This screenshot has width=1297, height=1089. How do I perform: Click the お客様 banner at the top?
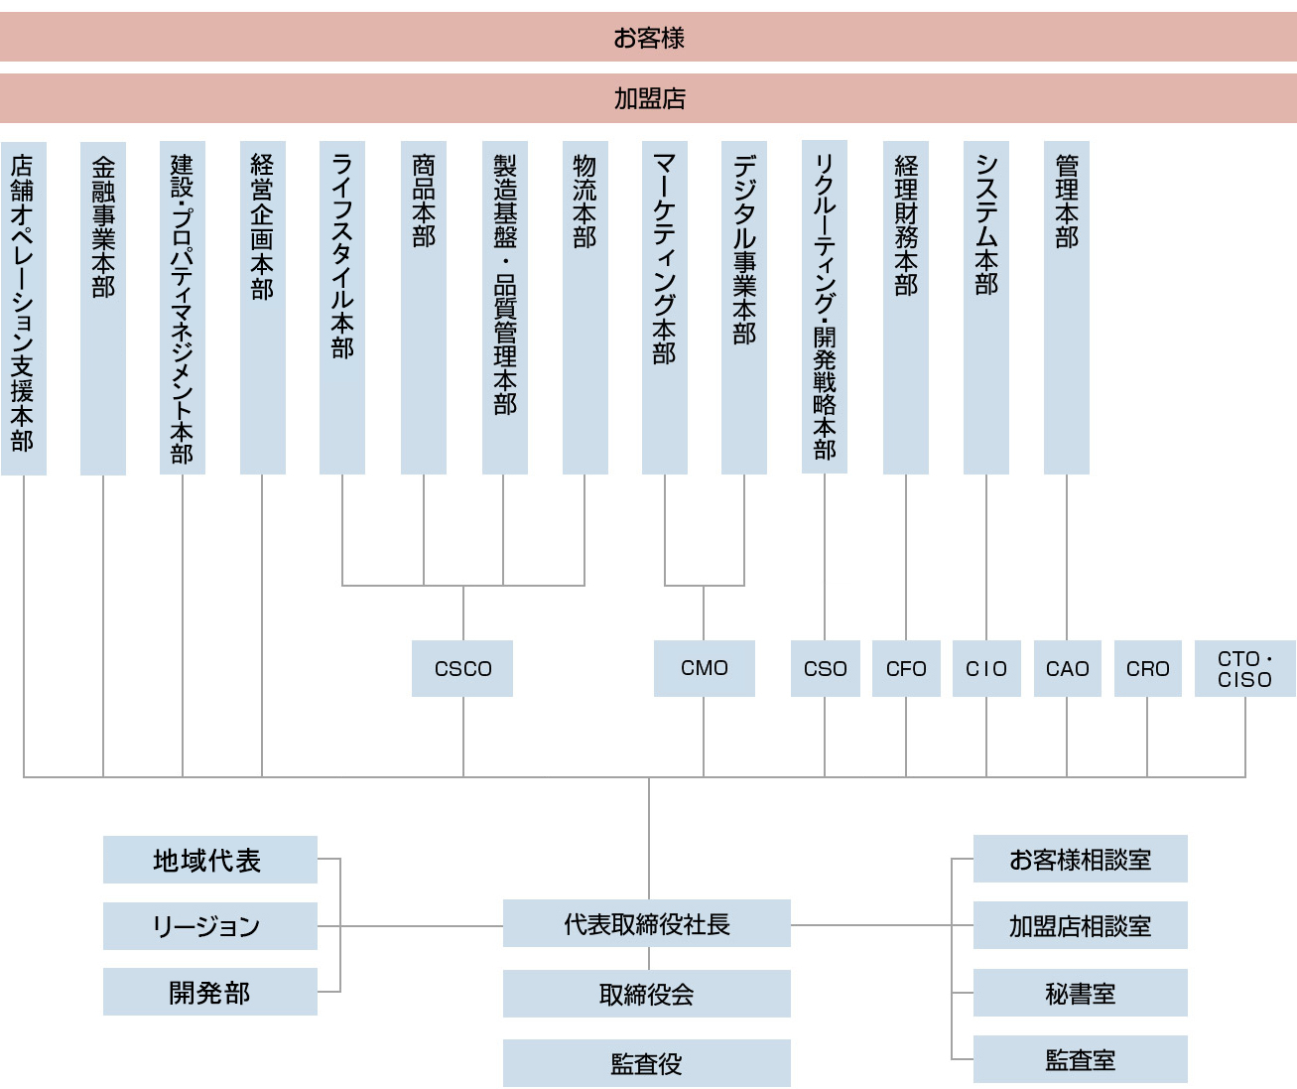[648, 38]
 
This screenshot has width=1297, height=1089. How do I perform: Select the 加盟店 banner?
[648, 98]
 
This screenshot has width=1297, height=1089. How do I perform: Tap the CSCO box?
[462, 668]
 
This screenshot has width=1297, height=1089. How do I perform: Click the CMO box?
[704, 668]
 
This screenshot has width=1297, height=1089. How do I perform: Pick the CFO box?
[906, 668]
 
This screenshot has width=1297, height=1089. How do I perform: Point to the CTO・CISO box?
[1244, 668]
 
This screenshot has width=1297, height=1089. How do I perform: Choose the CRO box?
[1147, 668]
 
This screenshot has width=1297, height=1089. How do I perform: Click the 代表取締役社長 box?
[646, 923]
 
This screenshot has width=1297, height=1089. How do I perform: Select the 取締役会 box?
[646, 994]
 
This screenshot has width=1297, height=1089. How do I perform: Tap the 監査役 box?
[646, 1063]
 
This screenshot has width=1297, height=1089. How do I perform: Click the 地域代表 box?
[209, 860]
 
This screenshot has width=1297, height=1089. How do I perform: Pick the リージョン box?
[209, 926]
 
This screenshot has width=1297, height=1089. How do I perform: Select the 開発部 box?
[209, 992]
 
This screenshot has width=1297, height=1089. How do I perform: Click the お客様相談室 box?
[1080, 859]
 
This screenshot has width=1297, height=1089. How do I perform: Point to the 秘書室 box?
[1080, 993]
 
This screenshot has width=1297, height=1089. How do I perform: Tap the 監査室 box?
[1080, 1059]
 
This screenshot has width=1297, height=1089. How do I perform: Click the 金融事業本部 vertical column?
[103, 308]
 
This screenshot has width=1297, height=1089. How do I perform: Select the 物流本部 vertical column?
[584, 308]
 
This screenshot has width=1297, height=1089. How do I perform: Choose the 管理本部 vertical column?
[1067, 308]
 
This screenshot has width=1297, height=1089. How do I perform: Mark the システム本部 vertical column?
[986, 308]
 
